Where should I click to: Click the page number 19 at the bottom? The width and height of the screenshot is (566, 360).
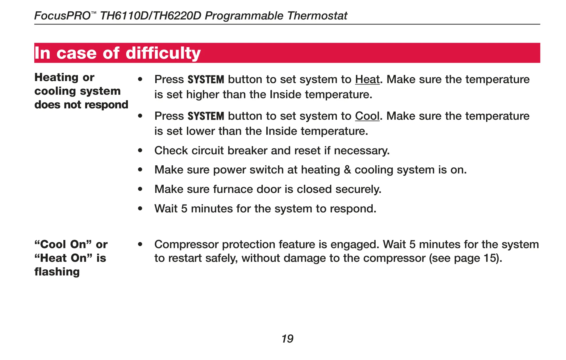pyautogui.click(x=288, y=339)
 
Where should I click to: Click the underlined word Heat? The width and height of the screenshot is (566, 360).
pyautogui.click(x=367, y=79)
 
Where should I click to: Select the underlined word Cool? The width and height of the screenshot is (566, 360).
pyautogui.click(x=367, y=116)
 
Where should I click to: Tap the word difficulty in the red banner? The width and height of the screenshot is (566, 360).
pyautogui.click(x=163, y=53)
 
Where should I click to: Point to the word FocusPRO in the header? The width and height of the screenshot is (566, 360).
pyautogui.click(x=63, y=16)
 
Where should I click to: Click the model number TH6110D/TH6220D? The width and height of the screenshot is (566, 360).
pyautogui.click(x=151, y=16)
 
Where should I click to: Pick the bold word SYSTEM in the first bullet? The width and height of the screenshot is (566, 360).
pyautogui.click(x=206, y=79)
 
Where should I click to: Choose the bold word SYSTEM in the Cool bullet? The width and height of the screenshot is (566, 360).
pyautogui.click(x=206, y=116)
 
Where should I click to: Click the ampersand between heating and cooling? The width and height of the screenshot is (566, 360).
pyautogui.click(x=347, y=170)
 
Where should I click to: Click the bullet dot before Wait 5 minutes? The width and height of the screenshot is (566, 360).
pyautogui.click(x=140, y=209)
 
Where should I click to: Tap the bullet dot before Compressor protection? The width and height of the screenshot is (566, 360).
pyautogui.click(x=140, y=244)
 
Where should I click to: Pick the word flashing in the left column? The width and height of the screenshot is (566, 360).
pyautogui.click(x=57, y=272)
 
